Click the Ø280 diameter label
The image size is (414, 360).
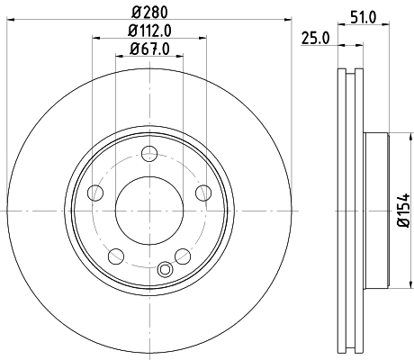coord(149,13)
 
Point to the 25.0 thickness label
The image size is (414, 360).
coord(314,38)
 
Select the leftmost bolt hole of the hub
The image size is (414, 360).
coord(94,192)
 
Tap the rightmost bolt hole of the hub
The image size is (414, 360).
coord(203,192)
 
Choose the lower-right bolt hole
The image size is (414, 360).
coord(184,257)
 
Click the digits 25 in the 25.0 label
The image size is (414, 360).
coord(310,38)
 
